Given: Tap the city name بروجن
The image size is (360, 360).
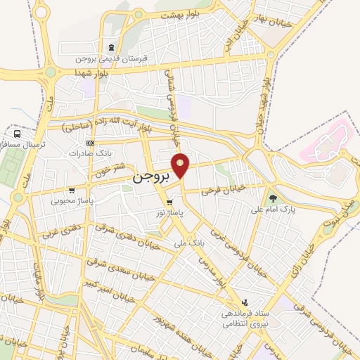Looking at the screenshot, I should [x=151, y=179].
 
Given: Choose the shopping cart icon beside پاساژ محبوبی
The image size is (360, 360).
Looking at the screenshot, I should [x=72, y=190].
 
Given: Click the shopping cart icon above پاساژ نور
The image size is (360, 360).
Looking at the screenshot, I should [x=169, y=202].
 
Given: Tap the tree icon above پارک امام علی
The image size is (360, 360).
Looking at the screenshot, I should [x=273, y=199].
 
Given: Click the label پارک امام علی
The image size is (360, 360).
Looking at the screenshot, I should [x=275, y=209].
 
